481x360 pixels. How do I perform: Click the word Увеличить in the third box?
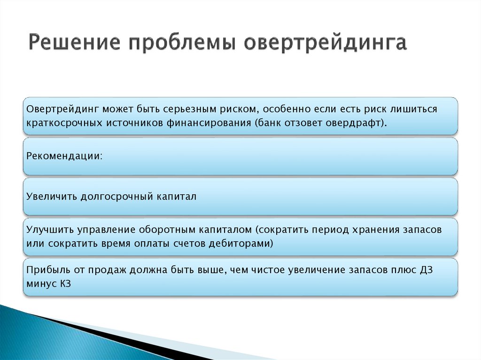pyautogui.click(x=51, y=197)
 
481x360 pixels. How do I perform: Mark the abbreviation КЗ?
pyautogui.click(x=65, y=284)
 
